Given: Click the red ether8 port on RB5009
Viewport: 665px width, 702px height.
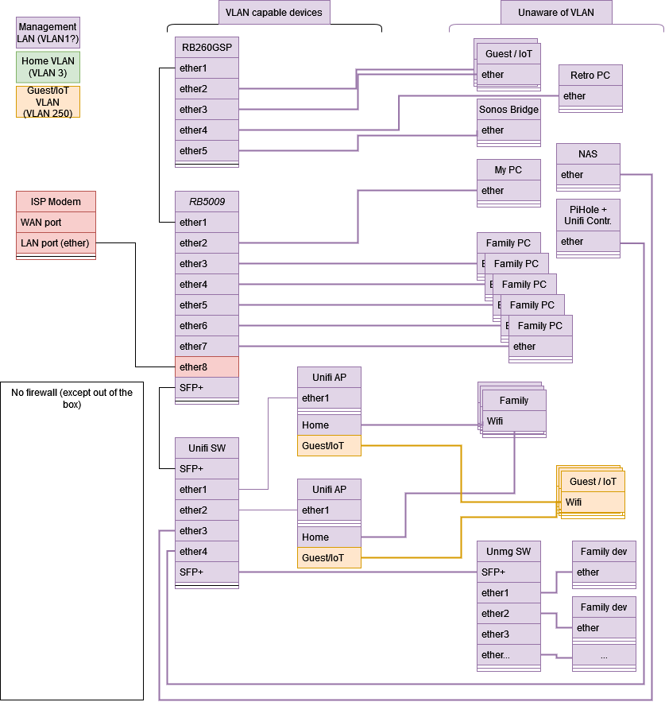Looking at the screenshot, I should click(207, 367).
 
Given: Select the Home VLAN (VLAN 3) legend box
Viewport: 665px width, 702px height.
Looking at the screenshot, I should click(48, 67).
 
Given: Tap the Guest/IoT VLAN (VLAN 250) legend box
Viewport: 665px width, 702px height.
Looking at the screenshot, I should click(48, 102).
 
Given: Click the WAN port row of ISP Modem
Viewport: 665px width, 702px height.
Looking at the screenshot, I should click(56, 223).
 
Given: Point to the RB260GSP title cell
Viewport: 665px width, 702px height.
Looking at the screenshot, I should click(207, 47).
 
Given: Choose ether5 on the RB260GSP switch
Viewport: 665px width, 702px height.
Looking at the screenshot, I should click(207, 151).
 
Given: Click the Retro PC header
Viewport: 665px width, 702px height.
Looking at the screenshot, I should click(590, 76).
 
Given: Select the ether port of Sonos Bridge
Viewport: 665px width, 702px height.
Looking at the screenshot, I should click(508, 130).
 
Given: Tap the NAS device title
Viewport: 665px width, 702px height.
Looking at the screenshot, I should click(588, 153).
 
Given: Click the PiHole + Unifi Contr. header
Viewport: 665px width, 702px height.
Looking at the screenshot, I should click(588, 215).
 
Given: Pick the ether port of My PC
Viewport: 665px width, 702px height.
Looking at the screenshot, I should click(508, 191).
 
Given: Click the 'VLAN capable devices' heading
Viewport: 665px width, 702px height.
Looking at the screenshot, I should click(274, 13).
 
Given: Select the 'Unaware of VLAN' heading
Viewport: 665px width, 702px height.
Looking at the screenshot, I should click(556, 13).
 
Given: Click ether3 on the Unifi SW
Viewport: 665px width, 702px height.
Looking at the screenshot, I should click(207, 531).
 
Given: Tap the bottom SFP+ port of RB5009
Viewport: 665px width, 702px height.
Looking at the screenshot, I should click(207, 387).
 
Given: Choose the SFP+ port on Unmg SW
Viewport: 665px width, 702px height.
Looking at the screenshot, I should click(508, 572).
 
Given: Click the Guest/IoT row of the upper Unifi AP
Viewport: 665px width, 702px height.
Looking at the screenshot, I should click(329, 445).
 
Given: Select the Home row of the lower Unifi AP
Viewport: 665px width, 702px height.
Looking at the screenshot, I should click(329, 537).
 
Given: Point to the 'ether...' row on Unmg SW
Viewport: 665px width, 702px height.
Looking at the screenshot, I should click(508, 655).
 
